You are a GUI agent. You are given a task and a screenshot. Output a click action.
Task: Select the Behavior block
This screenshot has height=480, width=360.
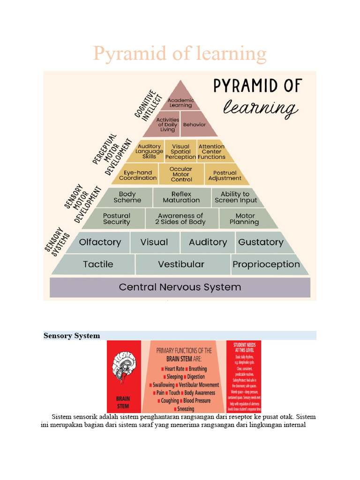[x=194, y=125]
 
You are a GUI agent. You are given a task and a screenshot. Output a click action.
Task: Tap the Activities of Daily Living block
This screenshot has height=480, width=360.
[x=167, y=125]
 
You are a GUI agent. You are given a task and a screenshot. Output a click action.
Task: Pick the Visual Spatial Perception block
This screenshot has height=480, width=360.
[x=180, y=151]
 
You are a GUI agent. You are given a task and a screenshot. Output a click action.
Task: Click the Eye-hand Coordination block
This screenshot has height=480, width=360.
[x=138, y=175]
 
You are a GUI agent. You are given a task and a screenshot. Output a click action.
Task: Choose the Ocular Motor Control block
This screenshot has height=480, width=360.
[x=181, y=174]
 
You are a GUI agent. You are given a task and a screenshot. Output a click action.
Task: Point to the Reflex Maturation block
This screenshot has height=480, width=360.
[x=181, y=197]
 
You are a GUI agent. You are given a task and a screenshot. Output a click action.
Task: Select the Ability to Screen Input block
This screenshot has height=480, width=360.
[x=236, y=197]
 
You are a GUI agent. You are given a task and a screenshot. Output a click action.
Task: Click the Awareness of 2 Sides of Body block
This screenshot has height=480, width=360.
[x=180, y=218]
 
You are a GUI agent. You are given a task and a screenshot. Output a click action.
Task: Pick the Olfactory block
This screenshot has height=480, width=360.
[x=99, y=242]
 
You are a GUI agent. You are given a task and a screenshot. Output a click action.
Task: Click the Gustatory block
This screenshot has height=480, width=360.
[x=261, y=242]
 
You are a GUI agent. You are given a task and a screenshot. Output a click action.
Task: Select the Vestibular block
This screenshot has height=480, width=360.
[x=181, y=264]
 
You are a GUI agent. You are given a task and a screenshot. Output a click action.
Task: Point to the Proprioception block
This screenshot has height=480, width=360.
[x=266, y=264]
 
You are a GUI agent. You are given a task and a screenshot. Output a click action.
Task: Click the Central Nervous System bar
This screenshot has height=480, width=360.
[x=180, y=287]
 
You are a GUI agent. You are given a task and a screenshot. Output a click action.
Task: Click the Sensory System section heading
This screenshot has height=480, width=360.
[x=72, y=336]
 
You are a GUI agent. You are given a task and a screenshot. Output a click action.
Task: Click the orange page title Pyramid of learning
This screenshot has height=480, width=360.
[x=180, y=54]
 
